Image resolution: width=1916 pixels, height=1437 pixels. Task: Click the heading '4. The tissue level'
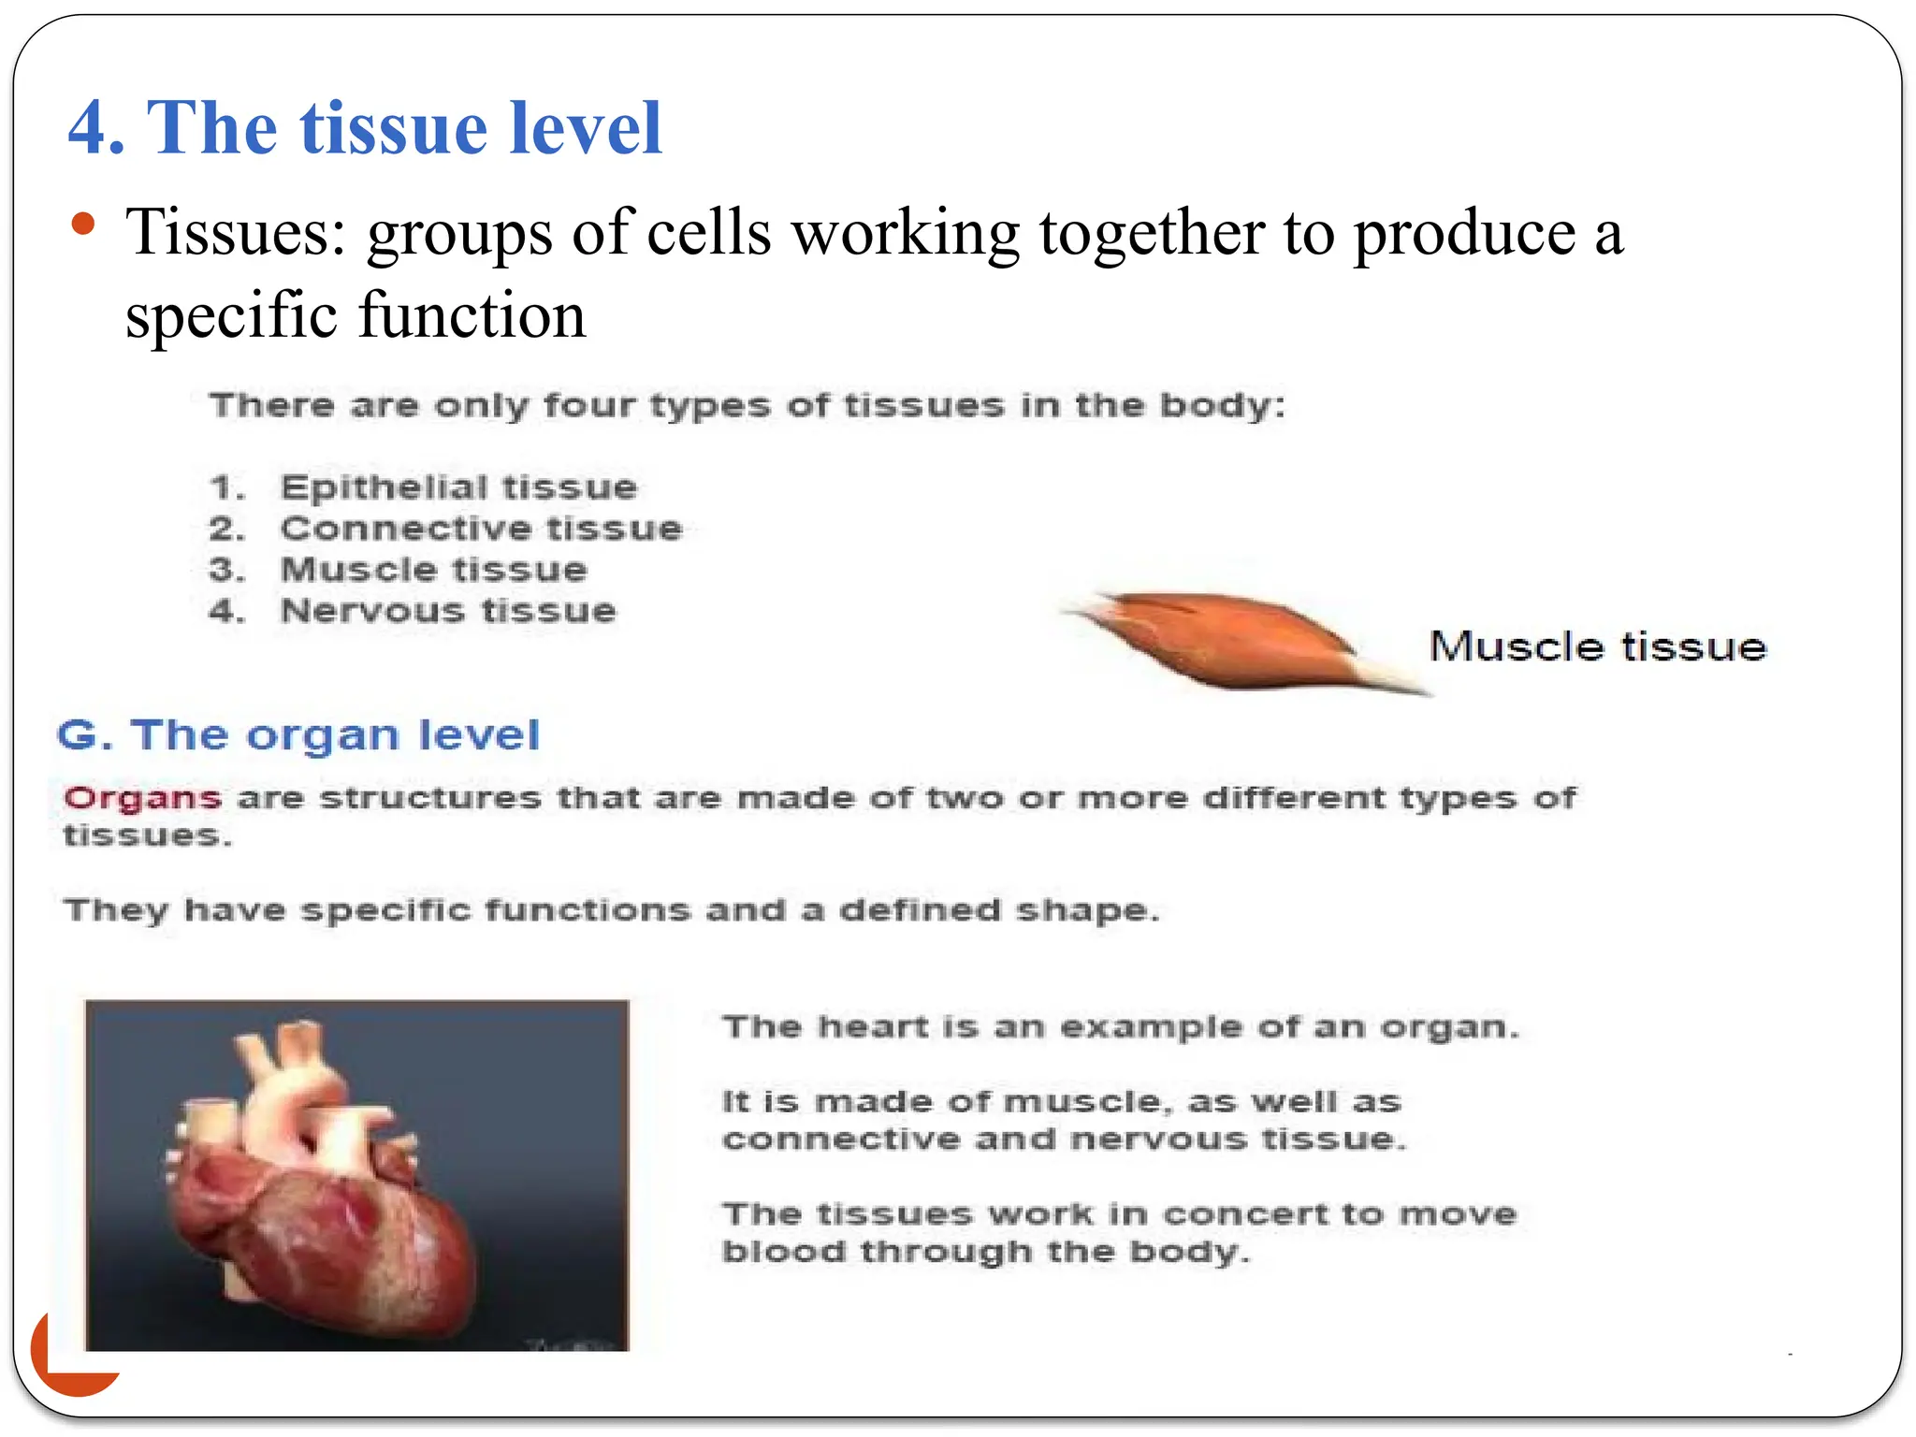[365, 128]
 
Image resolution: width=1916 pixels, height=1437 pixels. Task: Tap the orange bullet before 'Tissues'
[83, 225]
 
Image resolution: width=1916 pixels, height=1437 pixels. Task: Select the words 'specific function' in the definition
[356, 315]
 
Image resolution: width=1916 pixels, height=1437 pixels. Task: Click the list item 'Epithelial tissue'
[458, 487]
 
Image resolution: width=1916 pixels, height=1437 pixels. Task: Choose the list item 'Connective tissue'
[481, 529]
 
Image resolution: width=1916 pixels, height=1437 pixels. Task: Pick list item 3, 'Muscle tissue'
[434, 570]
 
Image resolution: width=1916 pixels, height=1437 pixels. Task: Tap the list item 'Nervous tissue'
[448, 611]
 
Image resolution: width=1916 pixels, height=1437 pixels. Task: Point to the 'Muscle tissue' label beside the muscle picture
[1597, 647]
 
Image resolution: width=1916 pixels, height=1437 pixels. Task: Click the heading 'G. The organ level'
[298, 735]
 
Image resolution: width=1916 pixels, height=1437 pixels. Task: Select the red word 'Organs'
[142, 798]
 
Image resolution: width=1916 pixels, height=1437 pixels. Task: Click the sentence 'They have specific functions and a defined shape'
[611, 910]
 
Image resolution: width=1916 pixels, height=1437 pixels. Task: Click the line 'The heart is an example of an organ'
[1120, 1027]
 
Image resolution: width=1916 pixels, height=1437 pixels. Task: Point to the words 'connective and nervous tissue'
[1064, 1139]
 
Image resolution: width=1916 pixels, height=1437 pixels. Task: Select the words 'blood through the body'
[985, 1252]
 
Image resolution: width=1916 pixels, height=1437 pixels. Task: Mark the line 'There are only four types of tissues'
[747, 406]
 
